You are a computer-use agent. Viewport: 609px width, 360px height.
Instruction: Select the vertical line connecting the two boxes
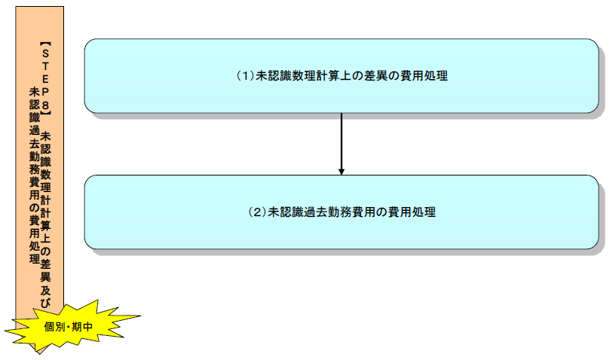[x=341, y=139]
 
